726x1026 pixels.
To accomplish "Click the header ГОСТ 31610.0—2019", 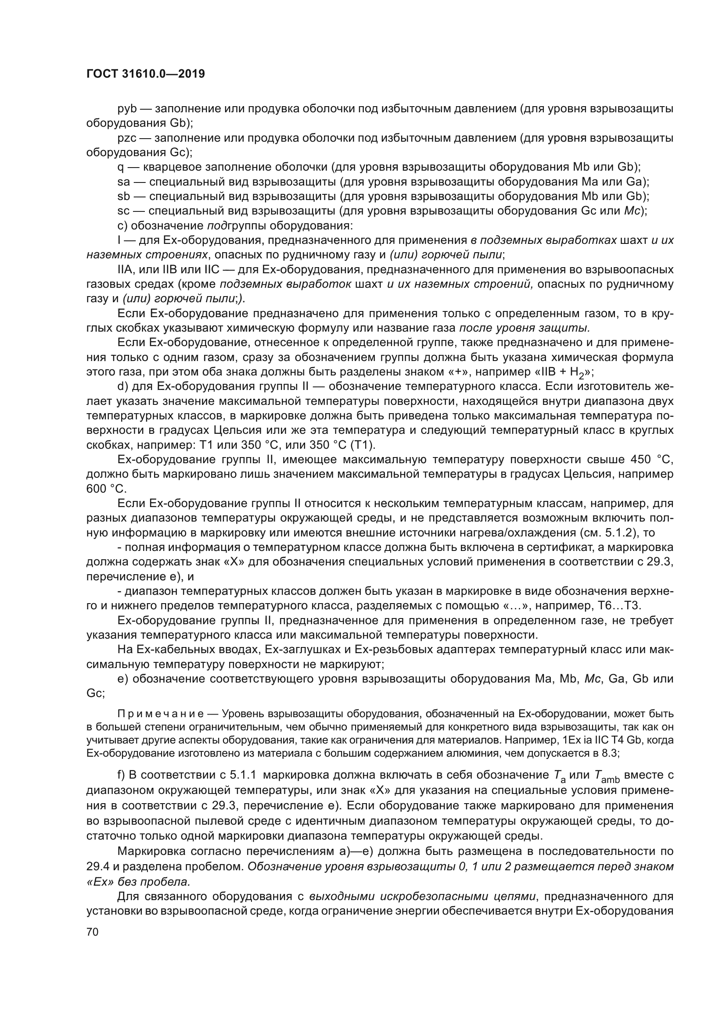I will [x=146, y=74].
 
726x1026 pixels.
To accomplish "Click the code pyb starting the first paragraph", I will [x=126, y=109].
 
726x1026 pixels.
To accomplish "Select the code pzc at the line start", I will [x=126, y=138].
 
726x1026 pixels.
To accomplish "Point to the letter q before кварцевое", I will [x=120, y=167].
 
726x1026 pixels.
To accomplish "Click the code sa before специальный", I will [x=123, y=182].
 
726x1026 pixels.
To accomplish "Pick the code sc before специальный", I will [x=123, y=211].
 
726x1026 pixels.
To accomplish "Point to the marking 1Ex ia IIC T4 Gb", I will [x=600, y=740].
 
